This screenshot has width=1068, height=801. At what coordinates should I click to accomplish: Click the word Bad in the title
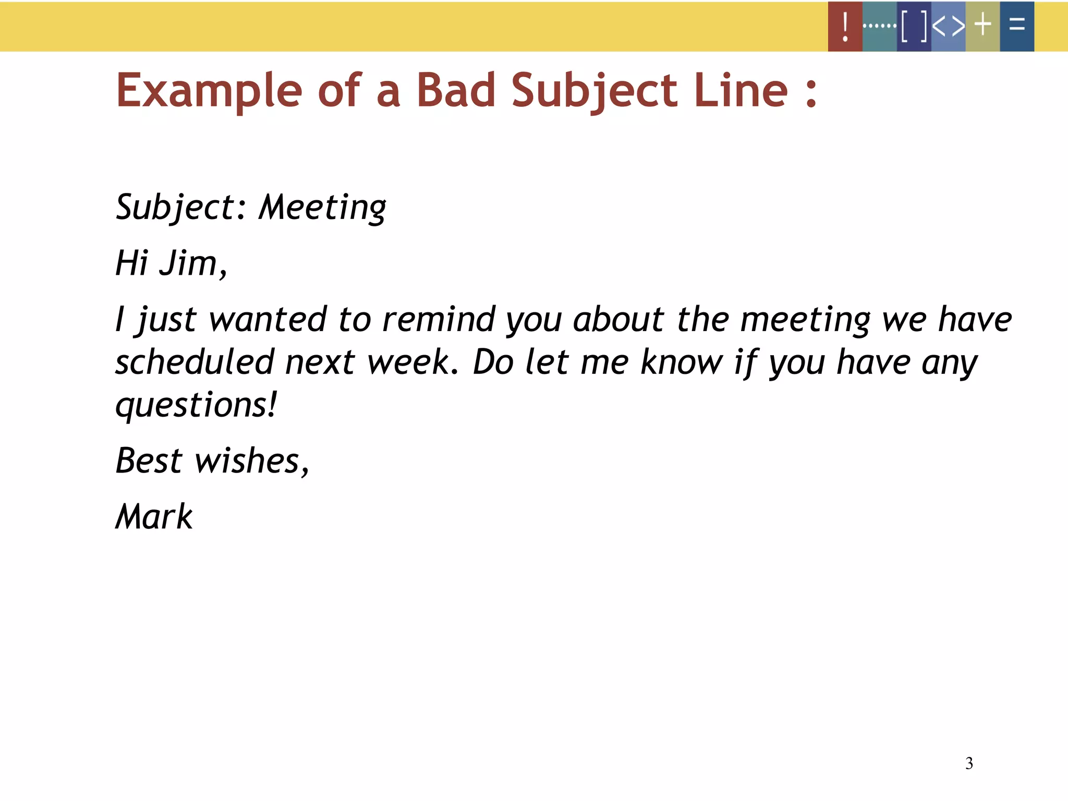click(455, 90)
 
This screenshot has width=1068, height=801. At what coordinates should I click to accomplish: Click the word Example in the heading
click(209, 91)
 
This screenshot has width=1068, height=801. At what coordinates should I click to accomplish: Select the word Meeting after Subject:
click(322, 208)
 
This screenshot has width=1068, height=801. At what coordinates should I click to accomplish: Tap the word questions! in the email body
click(196, 406)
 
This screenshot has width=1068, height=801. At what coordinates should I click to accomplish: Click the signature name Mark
click(154, 517)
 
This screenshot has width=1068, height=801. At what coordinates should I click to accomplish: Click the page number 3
click(969, 763)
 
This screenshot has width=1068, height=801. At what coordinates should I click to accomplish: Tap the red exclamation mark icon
click(845, 26)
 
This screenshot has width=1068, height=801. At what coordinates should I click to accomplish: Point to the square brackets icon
click(914, 26)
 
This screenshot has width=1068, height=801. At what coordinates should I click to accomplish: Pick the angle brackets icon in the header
click(948, 26)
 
